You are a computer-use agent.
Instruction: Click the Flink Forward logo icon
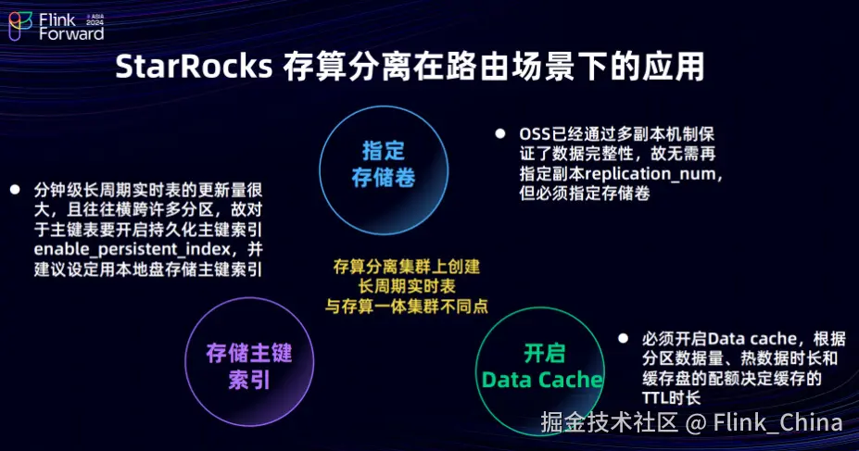pyautogui.click(x=20, y=26)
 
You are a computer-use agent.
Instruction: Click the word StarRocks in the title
pyautogui.click(x=194, y=68)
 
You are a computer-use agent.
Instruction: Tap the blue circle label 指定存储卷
pyautogui.click(x=384, y=164)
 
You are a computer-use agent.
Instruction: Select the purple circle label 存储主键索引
pyautogui.click(x=249, y=366)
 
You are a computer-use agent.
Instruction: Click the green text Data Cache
pyautogui.click(x=542, y=380)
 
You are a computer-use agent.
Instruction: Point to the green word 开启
pyautogui.click(x=544, y=353)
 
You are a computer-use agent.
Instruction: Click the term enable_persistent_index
pyautogui.click(x=132, y=249)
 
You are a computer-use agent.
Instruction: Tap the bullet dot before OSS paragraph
pyautogui.click(x=500, y=133)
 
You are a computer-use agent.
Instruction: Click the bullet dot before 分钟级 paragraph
pyautogui.click(x=15, y=189)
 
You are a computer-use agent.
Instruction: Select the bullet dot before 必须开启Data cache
pyautogui.click(x=623, y=338)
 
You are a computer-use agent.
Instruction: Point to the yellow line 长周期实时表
pyautogui.click(x=407, y=286)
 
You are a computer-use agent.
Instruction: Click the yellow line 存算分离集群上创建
pyautogui.click(x=407, y=267)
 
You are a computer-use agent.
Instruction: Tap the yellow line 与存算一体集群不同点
pyautogui.click(x=407, y=306)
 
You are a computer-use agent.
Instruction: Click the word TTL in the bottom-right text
pyautogui.click(x=654, y=397)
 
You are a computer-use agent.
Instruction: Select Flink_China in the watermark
pyautogui.click(x=778, y=422)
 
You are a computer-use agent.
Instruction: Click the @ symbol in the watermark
pyautogui.click(x=695, y=423)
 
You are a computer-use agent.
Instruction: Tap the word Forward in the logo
pyautogui.click(x=71, y=34)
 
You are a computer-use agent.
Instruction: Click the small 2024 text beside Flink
pyautogui.click(x=95, y=22)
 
